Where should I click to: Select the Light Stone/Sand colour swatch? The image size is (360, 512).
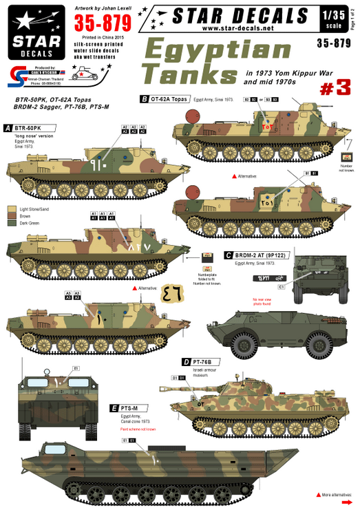(x=12, y=209)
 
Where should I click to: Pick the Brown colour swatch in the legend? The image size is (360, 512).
(x=12, y=217)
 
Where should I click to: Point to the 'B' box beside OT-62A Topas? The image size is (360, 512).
(x=143, y=99)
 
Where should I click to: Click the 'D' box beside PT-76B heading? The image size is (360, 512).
(x=186, y=361)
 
